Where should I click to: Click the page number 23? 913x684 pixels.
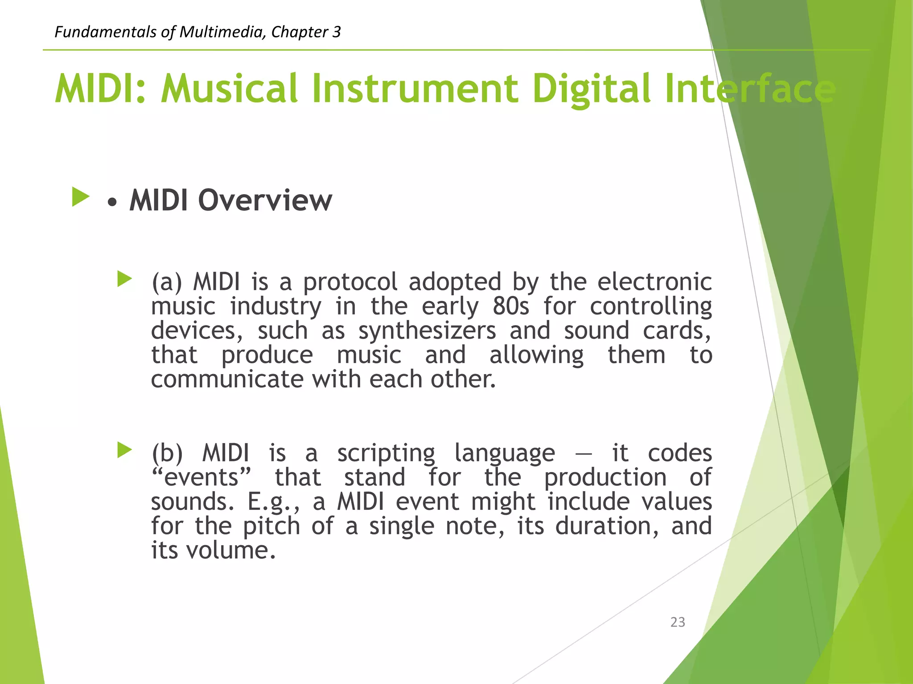point(677,622)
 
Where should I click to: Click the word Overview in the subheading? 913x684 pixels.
point(265,200)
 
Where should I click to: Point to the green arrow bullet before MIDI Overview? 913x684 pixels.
point(81,197)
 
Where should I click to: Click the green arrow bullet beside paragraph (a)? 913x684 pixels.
point(124,279)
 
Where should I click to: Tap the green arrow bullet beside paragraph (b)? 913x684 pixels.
point(124,450)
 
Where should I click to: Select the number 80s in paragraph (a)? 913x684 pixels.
point(511,306)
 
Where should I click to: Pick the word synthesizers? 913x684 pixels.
point(427,331)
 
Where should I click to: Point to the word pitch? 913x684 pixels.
point(271,527)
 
